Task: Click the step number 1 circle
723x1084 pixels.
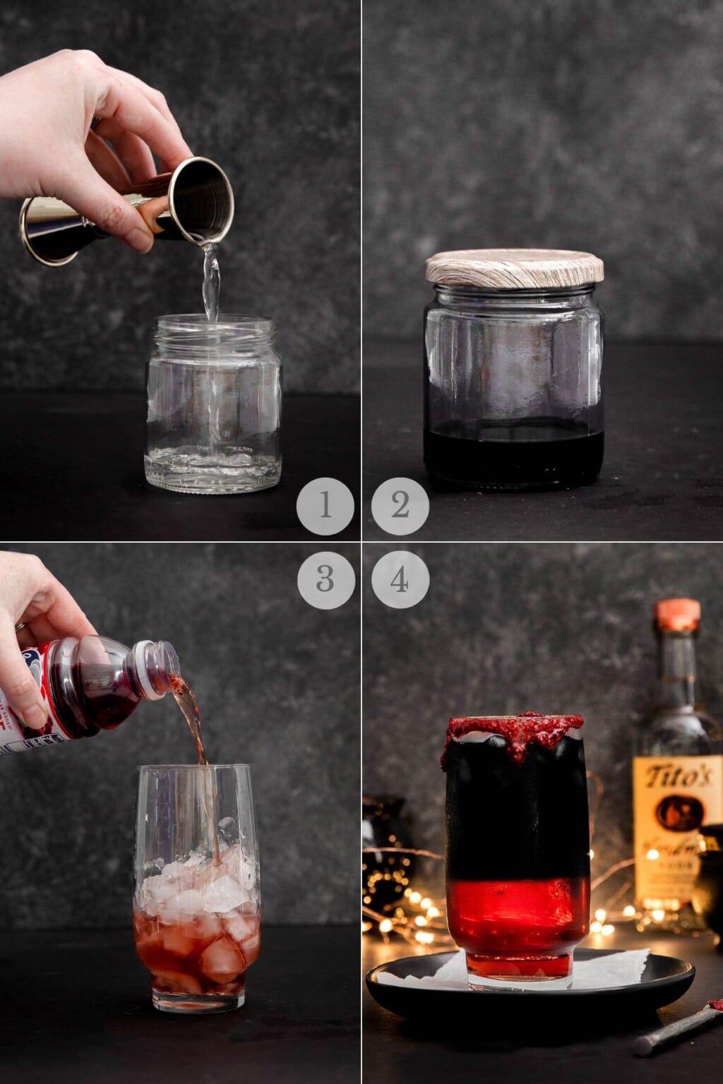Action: (325, 506)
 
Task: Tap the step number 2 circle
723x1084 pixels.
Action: (400, 506)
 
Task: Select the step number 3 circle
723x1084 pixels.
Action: (325, 579)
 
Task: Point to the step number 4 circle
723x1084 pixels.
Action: (400, 579)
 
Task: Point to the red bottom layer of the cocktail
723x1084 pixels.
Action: (518, 917)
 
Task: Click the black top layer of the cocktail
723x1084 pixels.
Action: (518, 812)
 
